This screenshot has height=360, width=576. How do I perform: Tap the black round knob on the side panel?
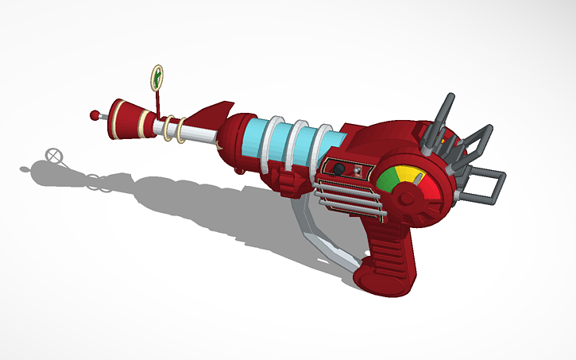coord(338,168)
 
